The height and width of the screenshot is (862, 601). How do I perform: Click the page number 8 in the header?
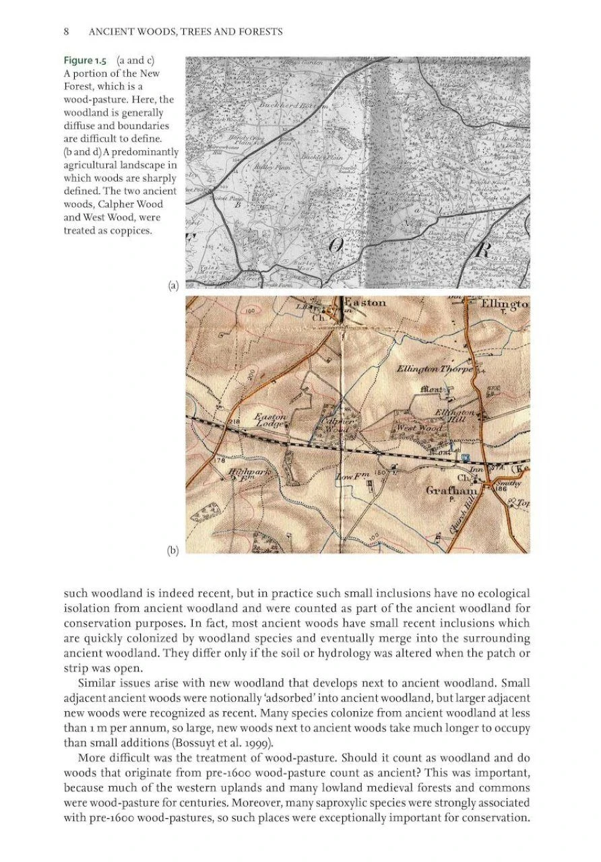pos(67,32)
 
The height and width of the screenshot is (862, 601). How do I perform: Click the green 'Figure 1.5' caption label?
pos(85,61)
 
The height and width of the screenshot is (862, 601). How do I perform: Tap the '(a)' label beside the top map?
pos(173,286)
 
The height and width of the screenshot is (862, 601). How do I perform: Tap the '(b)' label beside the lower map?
pos(173,550)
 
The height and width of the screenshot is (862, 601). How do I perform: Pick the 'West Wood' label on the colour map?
pos(419,428)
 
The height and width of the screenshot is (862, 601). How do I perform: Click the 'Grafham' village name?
pos(451,491)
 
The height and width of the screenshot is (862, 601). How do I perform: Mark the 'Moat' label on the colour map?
pos(431,389)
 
